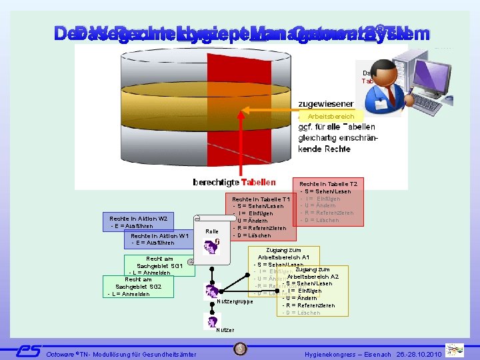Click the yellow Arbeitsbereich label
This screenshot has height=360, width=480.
coord(331,117)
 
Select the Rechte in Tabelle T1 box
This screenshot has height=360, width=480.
coord(260,217)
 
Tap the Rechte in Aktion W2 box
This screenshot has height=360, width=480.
coord(140,221)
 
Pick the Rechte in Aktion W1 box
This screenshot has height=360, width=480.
coord(160,239)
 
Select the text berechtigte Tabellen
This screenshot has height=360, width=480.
coord(234,182)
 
